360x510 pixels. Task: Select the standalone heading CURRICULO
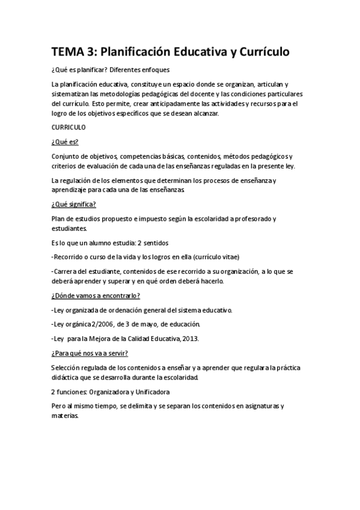69,127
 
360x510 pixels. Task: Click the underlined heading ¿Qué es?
65,142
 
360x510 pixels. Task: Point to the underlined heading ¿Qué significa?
74,204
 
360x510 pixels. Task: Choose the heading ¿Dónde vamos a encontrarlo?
96,296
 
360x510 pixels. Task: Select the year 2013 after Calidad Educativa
191,338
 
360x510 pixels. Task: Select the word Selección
66,367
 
